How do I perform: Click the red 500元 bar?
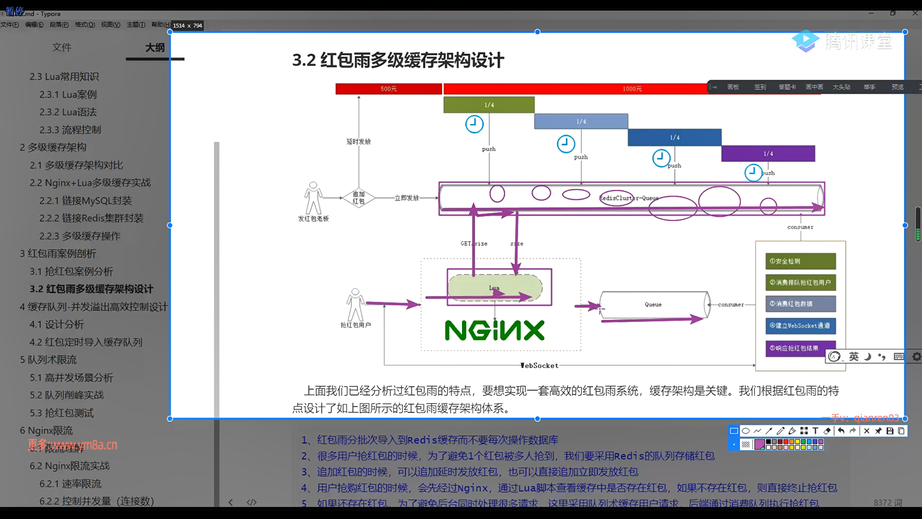click(388, 89)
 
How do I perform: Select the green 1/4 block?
click(489, 105)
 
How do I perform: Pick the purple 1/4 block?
click(768, 154)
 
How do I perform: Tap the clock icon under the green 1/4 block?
click(474, 124)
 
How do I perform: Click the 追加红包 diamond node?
click(359, 198)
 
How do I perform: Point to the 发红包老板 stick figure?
click(313, 198)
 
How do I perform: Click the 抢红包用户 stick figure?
click(355, 305)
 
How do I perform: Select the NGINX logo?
click(495, 331)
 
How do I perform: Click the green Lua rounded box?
click(495, 288)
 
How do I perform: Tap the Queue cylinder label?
click(653, 305)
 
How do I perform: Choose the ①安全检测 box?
click(800, 261)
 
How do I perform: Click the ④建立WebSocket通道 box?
click(800, 326)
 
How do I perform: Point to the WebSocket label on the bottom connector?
click(540, 366)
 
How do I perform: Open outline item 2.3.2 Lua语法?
click(68, 112)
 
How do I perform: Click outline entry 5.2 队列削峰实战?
click(67, 395)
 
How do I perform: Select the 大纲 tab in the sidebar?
click(155, 48)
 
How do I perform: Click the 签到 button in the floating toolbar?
click(760, 87)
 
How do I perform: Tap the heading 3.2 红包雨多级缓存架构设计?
click(398, 61)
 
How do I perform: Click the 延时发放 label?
click(359, 142)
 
